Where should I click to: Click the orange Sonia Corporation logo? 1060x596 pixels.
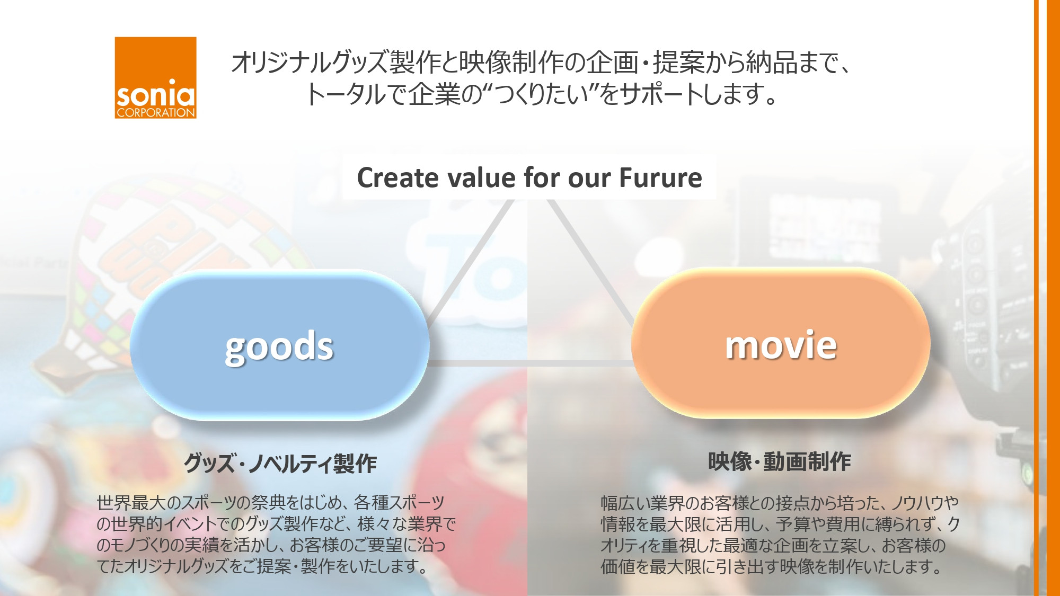[x=155, y=77]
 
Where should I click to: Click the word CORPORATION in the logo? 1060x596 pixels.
[x=156, y=113]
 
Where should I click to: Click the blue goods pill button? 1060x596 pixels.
[x=279, y=345]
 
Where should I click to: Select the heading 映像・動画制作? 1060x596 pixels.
[x=780, y=461]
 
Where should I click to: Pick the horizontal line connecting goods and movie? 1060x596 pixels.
[x=530, y=363]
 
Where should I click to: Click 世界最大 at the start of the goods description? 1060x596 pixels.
[x=130, y=502]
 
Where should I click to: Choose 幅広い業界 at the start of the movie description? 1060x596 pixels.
[x=642, y=503]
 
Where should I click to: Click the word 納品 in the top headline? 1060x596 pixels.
[x=772, y=63]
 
